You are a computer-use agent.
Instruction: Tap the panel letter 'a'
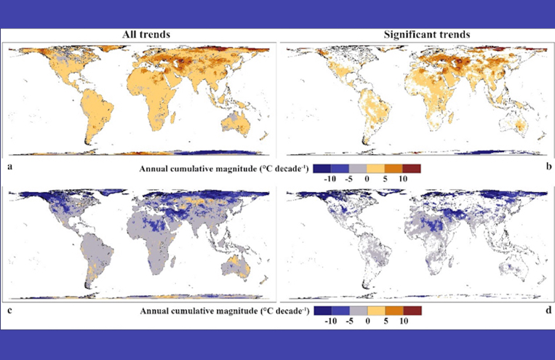pyautogui.click(x=9, y=166)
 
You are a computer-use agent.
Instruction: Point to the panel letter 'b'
pyautogui.click(x=547, y=166)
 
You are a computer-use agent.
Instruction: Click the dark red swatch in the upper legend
pyautogui.click(x=412, y=168)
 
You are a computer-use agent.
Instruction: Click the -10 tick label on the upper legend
pyautogui.click(x=328, y=177)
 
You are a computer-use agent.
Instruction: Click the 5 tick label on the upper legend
pyautogui.click(x=386, y=177)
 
